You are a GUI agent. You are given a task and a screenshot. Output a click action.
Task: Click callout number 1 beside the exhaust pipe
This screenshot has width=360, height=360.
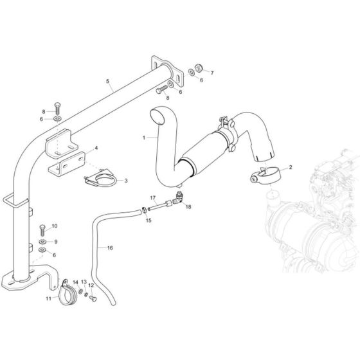[145, 138]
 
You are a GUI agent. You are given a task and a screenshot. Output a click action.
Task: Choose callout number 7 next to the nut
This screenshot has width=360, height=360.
[212, 73]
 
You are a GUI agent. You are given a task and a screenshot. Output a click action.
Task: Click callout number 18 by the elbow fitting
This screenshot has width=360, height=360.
[189, 207]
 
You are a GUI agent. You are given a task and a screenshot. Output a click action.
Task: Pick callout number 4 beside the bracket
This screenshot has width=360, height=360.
[96, 148]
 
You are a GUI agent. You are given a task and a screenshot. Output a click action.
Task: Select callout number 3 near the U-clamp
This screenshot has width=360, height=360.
[125, 181]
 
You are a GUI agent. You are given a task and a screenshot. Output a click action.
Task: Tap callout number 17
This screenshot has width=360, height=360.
[153, 197]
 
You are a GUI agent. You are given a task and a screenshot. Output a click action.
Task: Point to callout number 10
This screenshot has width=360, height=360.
[55, 226]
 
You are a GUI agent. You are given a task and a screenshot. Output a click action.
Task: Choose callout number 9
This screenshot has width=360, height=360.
[55, 241]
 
